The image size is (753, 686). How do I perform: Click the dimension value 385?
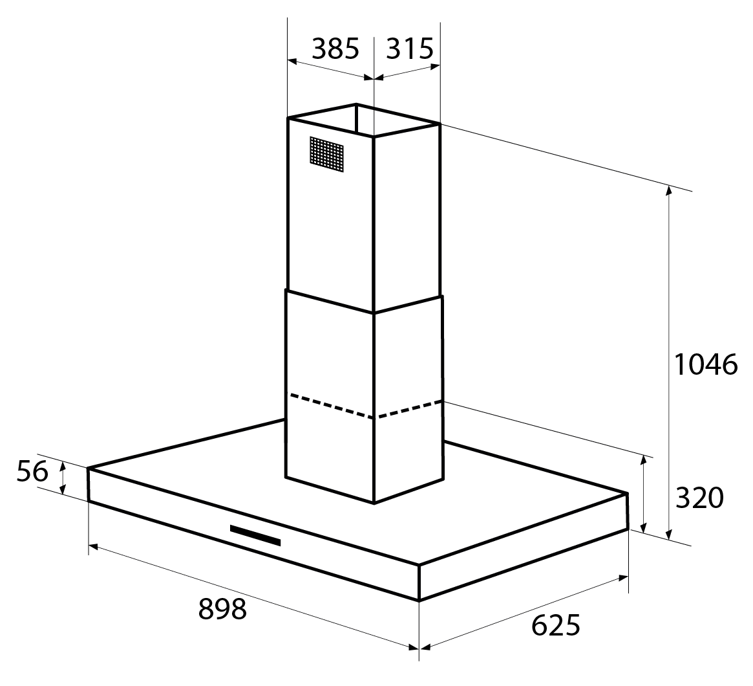coord(335,49)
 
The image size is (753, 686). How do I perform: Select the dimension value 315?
coord(410,49)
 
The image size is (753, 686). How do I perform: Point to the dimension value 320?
coord(699,498)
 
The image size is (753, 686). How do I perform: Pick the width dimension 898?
coord(222,608)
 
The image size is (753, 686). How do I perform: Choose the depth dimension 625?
coord(556,625)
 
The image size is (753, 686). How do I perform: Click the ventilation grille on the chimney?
coord(326,154)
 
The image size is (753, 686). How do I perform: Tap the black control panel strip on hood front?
coord(255,535)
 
